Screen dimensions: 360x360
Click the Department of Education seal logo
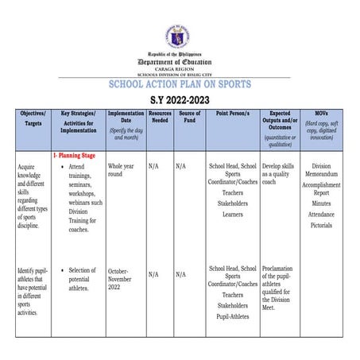click(x=180, y=36)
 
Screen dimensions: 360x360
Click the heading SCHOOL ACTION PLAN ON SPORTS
click(x=180, y=84)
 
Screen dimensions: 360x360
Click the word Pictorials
click(x=321, y=226)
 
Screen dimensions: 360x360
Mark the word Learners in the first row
click(x=233, y=215)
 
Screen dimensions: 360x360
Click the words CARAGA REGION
click(x=180, y=68)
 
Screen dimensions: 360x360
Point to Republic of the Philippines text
click(x=180, y=54)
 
